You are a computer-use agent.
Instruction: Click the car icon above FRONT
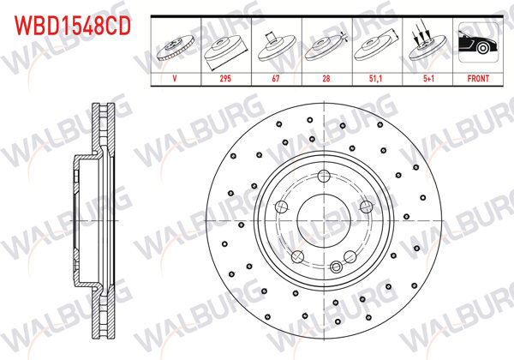click(x=476, y=43)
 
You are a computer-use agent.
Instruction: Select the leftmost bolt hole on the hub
click(x=281, y=206)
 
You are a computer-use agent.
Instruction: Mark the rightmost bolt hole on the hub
click(x=366, y=206)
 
